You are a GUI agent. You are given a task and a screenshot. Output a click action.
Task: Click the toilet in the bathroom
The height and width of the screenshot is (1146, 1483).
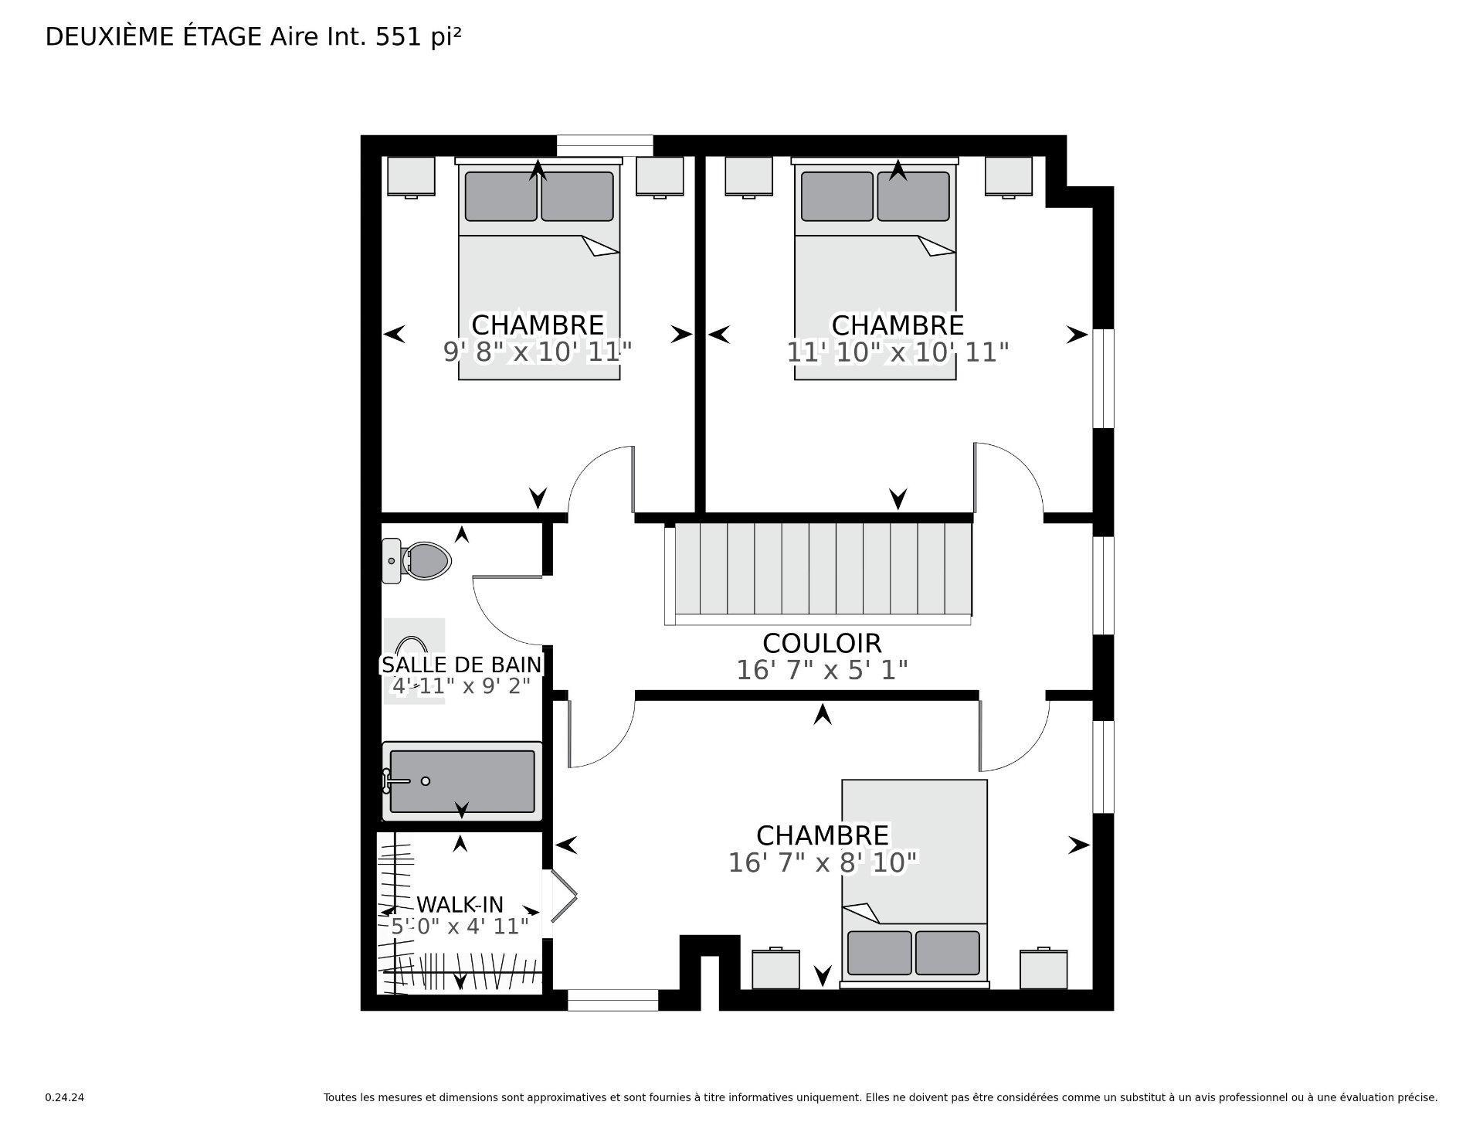[x=421, y=560]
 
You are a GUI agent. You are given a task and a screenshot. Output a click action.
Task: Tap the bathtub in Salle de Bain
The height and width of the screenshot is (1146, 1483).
[x=462, y=780]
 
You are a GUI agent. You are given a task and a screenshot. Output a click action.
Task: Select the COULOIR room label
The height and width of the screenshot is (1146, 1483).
[x=822, y=643]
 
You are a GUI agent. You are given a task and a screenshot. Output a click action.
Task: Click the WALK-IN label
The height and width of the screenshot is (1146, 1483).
[x=460, y=904]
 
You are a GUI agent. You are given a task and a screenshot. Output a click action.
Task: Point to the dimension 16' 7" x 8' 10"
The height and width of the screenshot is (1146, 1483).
[x=823, y=862]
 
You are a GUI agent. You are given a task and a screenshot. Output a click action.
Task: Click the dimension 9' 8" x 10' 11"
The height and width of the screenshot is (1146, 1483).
[x=538, y=352]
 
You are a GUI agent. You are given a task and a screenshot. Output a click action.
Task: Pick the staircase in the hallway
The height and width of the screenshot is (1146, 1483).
[x=819, y=572]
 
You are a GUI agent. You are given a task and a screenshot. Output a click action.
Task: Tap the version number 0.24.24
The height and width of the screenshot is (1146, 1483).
[x=64, y=1097]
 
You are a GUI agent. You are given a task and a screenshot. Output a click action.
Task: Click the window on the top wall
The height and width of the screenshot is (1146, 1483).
[x=605, y=145]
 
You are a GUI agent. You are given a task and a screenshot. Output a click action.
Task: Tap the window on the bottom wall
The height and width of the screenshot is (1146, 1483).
[x=613, y=1000]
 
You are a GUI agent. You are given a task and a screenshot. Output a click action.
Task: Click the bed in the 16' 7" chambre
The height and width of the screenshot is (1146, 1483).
[x=914, y=881]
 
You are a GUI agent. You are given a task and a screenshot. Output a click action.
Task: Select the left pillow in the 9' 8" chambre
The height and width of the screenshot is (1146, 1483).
[x=501, y=196]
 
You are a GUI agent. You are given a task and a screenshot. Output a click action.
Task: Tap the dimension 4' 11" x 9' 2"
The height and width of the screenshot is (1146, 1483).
[x=461, y=685]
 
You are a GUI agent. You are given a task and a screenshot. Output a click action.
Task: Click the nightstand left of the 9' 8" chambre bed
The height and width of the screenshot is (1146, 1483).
[x=411, y=176]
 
